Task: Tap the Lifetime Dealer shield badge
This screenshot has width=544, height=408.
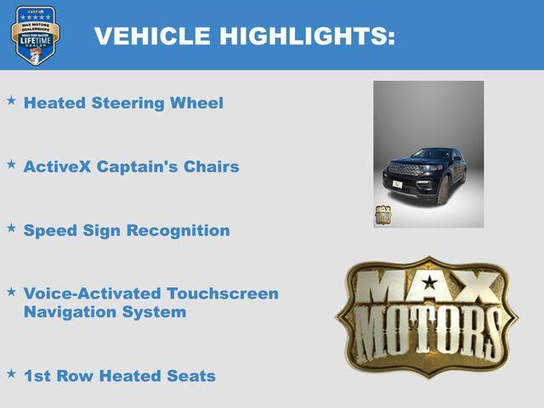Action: pos(35,35)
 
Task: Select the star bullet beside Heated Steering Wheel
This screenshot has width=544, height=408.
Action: pos(11,101)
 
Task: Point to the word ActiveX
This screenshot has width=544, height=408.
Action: pos(57,167)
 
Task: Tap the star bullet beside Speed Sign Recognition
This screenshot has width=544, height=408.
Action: pos(11,229)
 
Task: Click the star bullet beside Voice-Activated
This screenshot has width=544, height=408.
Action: pos(11,292)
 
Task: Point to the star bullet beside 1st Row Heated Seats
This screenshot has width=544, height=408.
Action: pos(11,373)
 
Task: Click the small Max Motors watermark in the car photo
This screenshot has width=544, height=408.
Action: pos(383,215)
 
